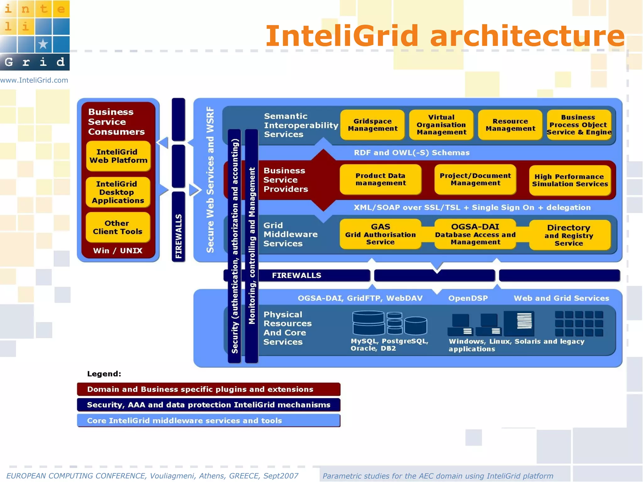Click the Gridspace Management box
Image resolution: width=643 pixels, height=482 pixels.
coord(372,125)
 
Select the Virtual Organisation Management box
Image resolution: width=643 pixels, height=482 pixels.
coord(441,125)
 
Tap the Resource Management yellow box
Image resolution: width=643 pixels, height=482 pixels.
coord(510,125)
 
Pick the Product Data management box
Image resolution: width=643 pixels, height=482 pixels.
coord(381,179)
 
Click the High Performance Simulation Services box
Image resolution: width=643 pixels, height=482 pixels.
coord(570,180)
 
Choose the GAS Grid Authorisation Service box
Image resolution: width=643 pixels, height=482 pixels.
coord(380,234)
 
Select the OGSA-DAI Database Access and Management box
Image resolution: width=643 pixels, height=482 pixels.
coord(475,234)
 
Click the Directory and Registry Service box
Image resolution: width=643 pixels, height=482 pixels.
coord(569,235)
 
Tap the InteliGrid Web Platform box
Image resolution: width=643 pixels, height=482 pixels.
coord(118,156)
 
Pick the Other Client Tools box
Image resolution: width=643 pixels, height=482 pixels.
coord(118,227)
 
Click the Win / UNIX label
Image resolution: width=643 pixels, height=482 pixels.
coord(118,250)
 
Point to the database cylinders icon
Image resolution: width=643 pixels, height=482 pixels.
coord(389,323)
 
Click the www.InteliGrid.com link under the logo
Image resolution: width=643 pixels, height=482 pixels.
coord(34,80)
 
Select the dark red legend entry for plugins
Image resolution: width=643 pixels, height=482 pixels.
coord(208,389)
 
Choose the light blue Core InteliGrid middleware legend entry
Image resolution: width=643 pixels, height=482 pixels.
coord(208,420)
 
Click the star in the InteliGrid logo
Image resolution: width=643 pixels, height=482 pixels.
coord(43,44)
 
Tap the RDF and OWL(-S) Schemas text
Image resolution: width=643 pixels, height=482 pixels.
coord(412,153)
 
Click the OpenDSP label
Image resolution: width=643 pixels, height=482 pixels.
coord(468,298)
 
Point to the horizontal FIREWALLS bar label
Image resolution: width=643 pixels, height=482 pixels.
coord(296,275)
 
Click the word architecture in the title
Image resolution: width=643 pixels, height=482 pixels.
coord(527,36)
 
